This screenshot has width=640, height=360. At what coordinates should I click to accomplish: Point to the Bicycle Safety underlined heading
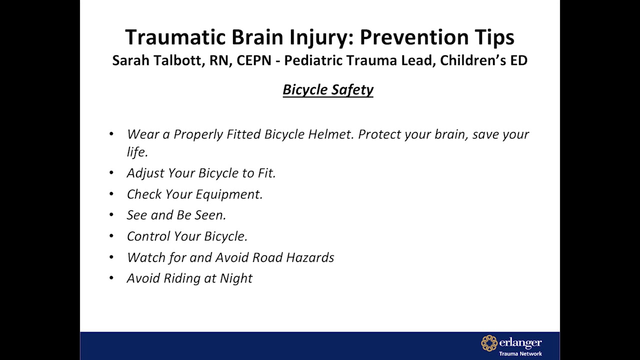pyautogui.click(x=328, y=89)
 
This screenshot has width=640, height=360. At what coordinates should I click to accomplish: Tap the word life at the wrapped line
pyautogui.click(x=136, y=152)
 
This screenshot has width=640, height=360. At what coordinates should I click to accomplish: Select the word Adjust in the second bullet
pyautogui.click(x=145, y=173)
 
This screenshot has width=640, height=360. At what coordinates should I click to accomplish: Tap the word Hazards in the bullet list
pyautogui.click(x=309, y=257)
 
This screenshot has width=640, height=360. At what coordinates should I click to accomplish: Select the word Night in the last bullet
pyautogui.click(x=236, y=278)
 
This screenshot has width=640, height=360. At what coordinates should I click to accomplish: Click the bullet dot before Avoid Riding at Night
pyautogui.click(x=111, y=278)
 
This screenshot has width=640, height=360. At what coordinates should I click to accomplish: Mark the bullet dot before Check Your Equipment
pyautogui.click(x=111, y=194)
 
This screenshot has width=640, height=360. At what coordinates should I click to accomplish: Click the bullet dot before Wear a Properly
pyautogui.click(x=111, y=134)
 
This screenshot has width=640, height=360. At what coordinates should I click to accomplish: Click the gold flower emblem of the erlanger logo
pyautogui.click(x=489, y=343)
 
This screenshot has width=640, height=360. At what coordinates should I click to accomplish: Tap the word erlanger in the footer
pyautogui.click(x=520, y=342)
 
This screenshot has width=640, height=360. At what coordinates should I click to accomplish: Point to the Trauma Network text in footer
pyautogui.click(x=520, y=353)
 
